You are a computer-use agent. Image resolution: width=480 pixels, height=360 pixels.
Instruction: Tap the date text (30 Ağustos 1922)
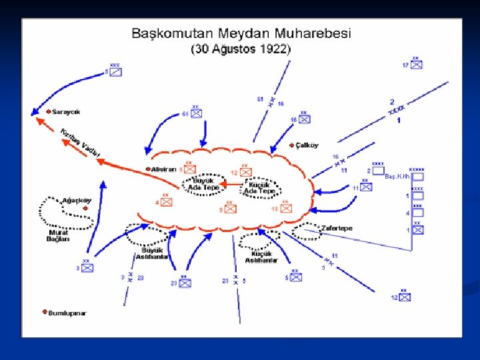[241, 49]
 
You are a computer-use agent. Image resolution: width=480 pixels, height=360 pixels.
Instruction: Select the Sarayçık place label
[66, 112]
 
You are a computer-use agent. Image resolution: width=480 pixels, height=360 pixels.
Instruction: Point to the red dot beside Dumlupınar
[45, 312]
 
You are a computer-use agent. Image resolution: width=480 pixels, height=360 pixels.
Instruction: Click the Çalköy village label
[307, 145]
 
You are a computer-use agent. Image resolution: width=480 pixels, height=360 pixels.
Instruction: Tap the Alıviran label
[163, 169]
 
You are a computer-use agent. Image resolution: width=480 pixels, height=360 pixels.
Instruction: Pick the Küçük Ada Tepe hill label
[259, 187]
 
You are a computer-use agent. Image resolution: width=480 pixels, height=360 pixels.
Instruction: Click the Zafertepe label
[337, 229]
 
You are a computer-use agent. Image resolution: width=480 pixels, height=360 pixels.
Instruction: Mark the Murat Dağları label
[58, 235]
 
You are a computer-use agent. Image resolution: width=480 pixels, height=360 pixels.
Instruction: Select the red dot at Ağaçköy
[86, 209]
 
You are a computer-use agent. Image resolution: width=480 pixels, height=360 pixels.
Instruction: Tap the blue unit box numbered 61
[196, 113]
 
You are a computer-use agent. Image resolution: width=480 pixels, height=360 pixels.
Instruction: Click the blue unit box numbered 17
[417, 64]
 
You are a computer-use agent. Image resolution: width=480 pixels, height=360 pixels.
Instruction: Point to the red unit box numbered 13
[286, 207]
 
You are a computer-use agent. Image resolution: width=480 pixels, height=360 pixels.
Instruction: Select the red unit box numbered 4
[167, 201]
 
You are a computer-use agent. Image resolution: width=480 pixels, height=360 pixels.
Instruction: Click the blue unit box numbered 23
[185, 283]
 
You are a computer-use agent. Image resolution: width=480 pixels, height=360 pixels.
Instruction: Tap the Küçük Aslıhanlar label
[261, 257]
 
